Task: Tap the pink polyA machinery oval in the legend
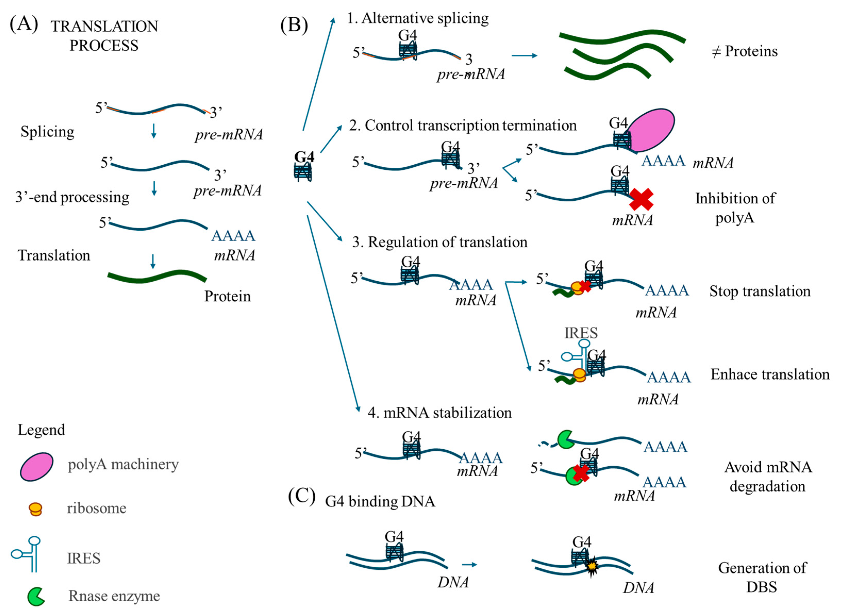(37, 466)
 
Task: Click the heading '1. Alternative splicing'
(418, 18)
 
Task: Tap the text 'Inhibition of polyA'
(735, 208)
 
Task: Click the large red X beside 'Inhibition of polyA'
(641, 199)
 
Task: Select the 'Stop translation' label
(760, 291)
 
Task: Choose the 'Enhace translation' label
(770, 374)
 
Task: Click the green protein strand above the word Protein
(157, 276)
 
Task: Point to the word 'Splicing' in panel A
(48, 132)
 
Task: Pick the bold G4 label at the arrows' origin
(304, 157)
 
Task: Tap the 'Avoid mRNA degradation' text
(768, 476)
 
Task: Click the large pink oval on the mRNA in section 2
(651, 130)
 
